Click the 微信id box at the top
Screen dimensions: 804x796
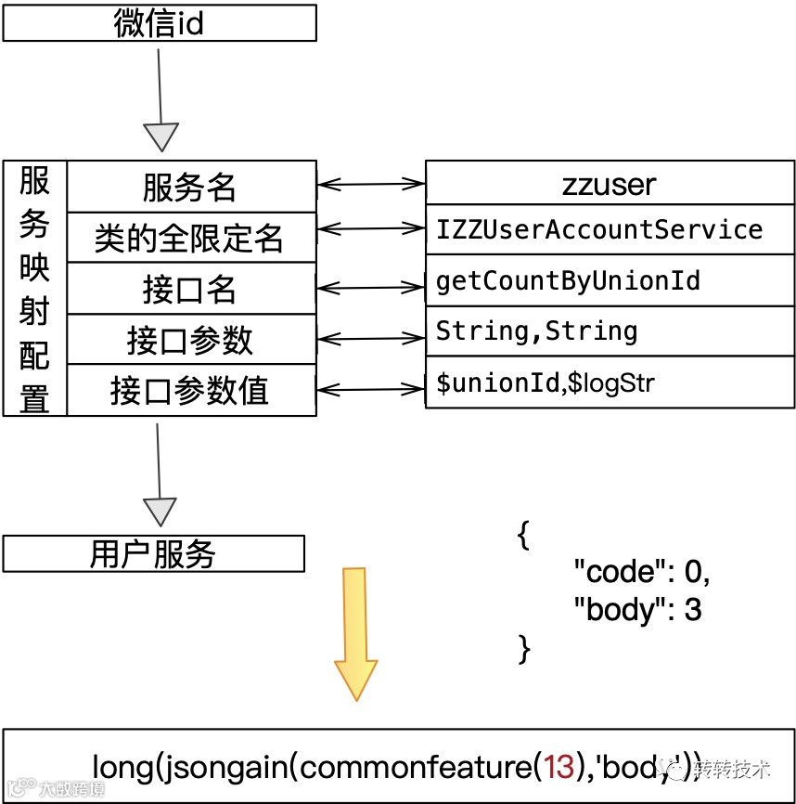coord(160,23)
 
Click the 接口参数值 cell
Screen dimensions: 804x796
coord(191,391)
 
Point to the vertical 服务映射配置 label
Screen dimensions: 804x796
coord(35,289)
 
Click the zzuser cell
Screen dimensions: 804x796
coord(610,185)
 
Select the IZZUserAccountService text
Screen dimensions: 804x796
coord(599,230)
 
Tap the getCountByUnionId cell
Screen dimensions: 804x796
coord(568,280)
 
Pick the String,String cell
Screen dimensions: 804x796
coord(536,331)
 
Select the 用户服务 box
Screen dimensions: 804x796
coord(154,554)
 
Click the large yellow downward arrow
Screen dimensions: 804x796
coord(356,631)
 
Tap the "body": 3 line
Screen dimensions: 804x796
coord(638,609)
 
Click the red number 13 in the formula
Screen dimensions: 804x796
coord(560,767)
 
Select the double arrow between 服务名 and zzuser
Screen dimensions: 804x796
coord(371,185)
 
